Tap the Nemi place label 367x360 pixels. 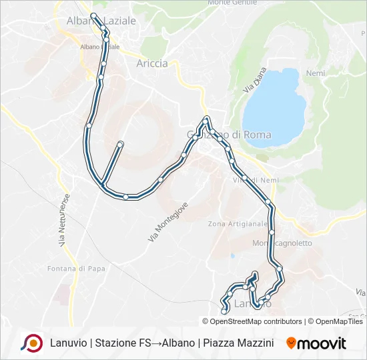tap(315, 73)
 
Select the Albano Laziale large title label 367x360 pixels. tap(101, 21)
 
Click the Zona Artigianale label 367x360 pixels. tap(238, 224)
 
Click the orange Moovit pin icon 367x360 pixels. tap(291, 343)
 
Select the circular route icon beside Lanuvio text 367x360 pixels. tap(31, 343)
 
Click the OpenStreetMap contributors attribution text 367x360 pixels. tap(256, 321)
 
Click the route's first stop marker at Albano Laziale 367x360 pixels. tap(93, 15)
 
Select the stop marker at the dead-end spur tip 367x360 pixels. tap(121, 143)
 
